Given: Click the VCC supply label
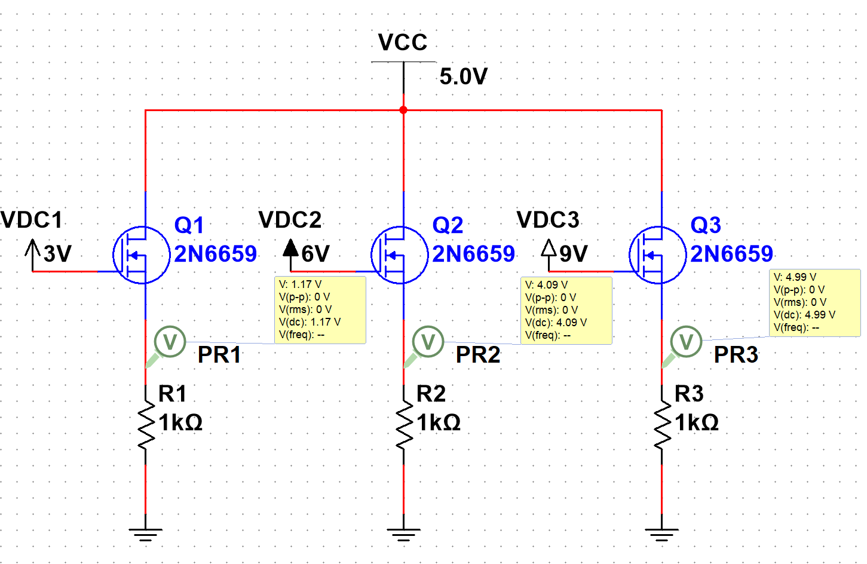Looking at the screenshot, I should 403,42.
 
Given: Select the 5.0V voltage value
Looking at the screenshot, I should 463,76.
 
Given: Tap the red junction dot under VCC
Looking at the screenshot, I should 403,110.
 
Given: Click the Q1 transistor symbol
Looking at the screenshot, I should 141,255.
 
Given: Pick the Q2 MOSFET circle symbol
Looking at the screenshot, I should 399,255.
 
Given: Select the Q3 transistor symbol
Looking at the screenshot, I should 657,255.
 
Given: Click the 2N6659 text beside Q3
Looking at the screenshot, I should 731,254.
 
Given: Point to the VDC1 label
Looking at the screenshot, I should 32,220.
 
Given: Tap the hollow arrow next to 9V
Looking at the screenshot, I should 549,248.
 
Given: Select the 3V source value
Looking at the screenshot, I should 57,254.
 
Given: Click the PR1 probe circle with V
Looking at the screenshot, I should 170,342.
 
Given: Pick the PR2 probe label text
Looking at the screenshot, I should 477,355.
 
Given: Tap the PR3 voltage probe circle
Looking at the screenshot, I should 686,342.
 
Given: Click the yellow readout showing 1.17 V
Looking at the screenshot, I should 320,309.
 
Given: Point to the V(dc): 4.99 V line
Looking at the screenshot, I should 804,315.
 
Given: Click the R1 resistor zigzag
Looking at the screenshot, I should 145,425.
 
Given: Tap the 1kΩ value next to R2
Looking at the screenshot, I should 439,422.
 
